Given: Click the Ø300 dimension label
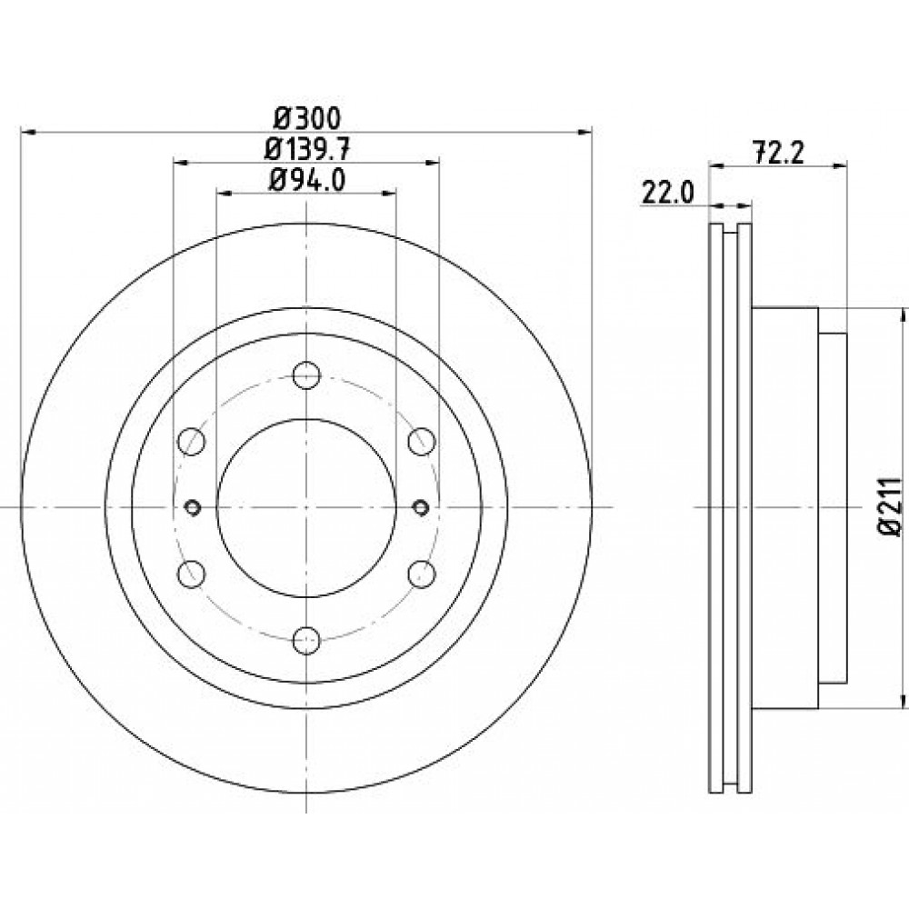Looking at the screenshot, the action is click(307, 119).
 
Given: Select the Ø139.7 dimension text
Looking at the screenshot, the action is click(307, 150).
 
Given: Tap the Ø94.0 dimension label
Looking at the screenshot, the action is click(307, 180).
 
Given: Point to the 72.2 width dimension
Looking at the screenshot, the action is click(779, 153).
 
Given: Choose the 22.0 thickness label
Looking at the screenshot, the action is click(668, 192).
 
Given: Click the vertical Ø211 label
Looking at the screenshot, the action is click(890, 507).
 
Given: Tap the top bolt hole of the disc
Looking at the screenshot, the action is click(306, 375).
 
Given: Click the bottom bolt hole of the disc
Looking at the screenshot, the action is click(306, 640).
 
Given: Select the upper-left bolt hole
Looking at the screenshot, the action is click(191, 442).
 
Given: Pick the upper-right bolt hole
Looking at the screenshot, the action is click(422, 442).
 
